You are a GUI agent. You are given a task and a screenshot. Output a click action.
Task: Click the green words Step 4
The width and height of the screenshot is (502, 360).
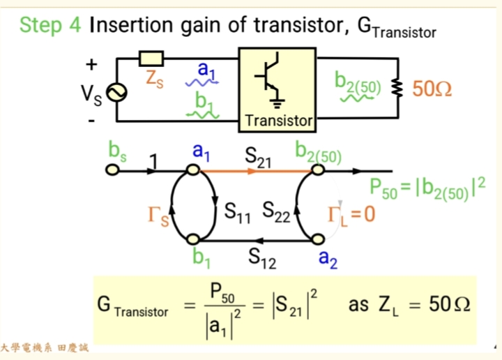(x=50, y=25)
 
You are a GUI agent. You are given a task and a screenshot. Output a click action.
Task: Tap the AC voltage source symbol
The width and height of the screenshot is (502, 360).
(x=116, y=92)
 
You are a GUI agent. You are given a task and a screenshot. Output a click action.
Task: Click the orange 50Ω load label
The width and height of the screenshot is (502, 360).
(x=432, y=89)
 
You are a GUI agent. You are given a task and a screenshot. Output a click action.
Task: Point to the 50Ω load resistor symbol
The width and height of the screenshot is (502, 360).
(x=399, y=89)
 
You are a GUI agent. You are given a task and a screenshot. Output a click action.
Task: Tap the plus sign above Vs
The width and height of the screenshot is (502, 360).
(x=91, y=65)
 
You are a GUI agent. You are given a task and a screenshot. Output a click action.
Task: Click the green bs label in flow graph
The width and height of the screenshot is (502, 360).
(x=116, y=150)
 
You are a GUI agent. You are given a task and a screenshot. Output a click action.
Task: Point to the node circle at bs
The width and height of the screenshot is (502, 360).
(x=111, y=170)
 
